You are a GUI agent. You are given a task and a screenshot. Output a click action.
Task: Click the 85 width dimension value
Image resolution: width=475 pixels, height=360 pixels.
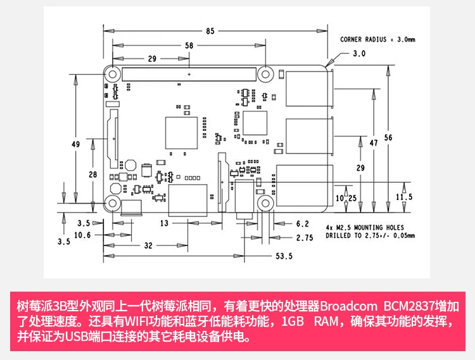(x=210, y=30)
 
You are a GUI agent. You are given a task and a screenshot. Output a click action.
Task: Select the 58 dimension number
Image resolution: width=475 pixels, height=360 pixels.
(x=189, y=46)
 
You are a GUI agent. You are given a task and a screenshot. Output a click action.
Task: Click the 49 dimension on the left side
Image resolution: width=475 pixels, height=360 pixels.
(x=75, y=144)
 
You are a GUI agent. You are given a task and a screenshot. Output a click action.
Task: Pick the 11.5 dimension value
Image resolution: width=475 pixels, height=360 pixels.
(x=403, y=197)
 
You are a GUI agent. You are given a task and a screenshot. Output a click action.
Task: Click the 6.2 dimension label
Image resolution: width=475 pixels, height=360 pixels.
(x=302, y=223)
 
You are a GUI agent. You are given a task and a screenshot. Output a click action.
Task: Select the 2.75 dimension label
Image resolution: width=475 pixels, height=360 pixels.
(x=305, y=238)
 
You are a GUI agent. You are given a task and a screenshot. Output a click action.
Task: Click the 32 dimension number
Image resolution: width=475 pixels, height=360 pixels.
(x=147, y=245)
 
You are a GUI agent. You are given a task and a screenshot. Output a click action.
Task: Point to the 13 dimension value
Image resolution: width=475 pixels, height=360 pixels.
(x=163, y=223)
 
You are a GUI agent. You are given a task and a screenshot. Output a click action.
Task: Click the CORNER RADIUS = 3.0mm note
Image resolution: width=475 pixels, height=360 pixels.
(x=377, y=39)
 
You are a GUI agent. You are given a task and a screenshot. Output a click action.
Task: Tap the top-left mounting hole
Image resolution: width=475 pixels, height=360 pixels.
(x=113, y=73)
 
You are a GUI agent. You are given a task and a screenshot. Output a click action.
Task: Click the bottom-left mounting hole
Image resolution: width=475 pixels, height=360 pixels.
(x=113, y=203)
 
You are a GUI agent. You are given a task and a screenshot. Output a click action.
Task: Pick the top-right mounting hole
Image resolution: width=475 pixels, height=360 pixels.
(x=265, y=73)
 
